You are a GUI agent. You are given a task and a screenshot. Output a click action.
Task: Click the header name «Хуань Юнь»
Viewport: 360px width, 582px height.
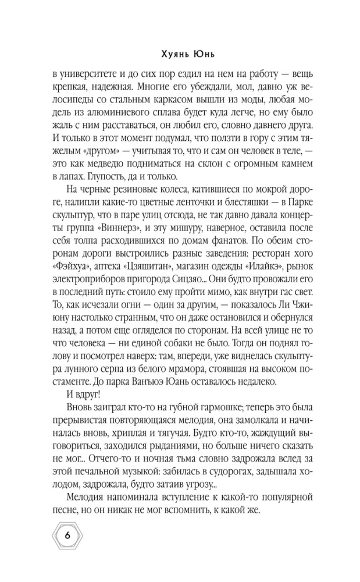coord(180,56)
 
